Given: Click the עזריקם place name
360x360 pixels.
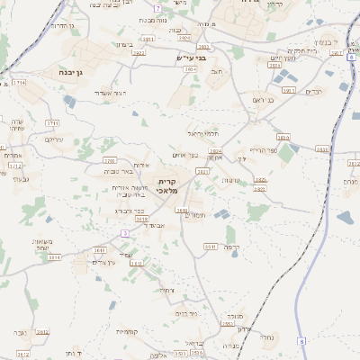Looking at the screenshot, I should (x=53, y=139).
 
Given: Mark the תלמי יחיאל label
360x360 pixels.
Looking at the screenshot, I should (x=203, y=132).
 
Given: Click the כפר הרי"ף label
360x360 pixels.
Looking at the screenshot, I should (x=262, y=150).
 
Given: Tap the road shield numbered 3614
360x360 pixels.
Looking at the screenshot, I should (x=55, y=256).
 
